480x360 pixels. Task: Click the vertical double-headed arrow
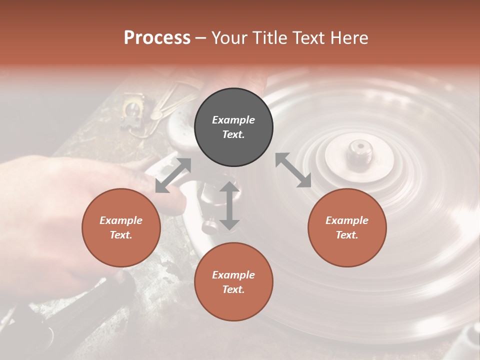[x=229, y=205]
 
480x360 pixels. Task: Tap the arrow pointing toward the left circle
[x=173, y=175]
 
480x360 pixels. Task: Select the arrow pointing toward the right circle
[x=293, y=170]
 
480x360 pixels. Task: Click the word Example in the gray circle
[x=233, y=120]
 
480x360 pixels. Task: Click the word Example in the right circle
[x=347, y=220]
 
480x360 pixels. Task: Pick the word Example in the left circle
[x=121, y=220]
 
